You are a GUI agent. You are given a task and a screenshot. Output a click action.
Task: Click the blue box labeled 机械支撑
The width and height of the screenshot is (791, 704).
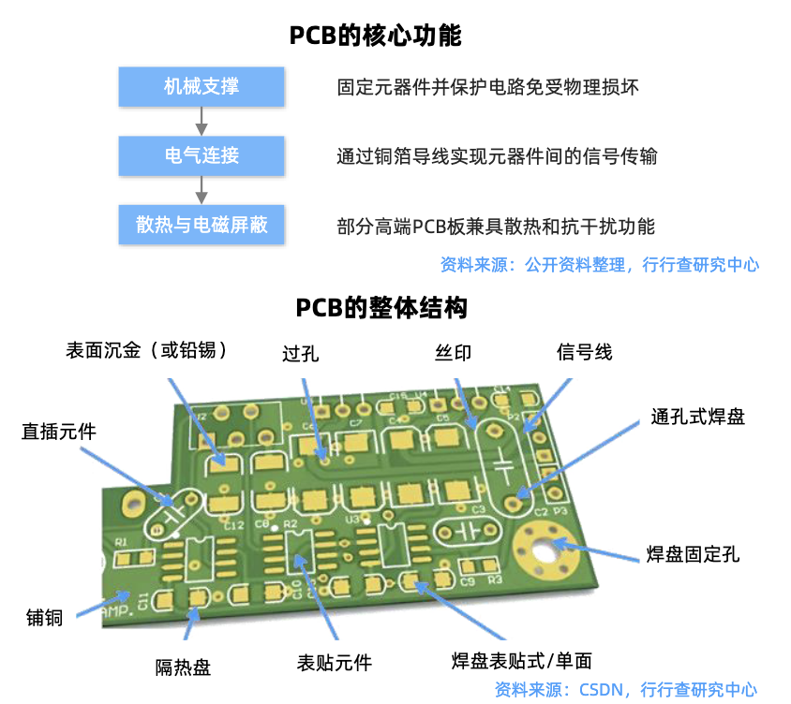[201, 87]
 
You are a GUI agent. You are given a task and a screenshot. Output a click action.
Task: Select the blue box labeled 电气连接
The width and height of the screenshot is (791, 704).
[201, 155]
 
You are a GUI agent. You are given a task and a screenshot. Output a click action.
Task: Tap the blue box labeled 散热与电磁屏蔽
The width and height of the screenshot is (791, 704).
[201, 226]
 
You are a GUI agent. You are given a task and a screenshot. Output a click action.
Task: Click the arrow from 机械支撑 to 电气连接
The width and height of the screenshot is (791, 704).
[201, 121]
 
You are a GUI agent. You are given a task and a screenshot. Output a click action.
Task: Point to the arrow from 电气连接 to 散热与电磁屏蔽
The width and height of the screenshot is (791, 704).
[201, 190]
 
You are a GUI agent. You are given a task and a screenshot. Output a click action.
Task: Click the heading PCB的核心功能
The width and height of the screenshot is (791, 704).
[375, 37]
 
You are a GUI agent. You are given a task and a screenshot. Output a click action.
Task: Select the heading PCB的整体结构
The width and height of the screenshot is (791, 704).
[381, 308]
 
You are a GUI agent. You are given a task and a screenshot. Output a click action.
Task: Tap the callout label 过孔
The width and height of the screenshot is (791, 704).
[301, 354]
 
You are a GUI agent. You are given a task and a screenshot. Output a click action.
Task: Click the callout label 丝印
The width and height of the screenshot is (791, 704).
[454, 353]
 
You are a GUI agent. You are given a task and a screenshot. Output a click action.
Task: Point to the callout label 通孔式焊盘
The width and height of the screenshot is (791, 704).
[698, 417]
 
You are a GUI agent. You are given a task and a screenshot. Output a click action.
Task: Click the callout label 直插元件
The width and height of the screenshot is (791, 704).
[59, 432]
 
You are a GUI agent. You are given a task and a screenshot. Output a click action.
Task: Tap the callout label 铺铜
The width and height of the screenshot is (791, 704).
[44, 617]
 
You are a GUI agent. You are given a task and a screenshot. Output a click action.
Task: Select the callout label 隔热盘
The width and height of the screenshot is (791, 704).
[183, 667]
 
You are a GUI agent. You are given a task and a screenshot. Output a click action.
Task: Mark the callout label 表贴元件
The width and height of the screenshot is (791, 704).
[335, 663]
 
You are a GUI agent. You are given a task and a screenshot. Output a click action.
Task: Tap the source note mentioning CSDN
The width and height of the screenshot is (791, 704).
[626, 690]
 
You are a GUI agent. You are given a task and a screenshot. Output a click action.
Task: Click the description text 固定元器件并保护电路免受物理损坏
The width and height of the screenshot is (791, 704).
[488, 88]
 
